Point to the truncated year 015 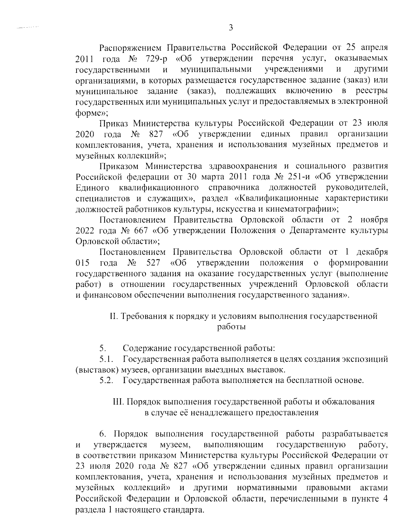coord(82,263)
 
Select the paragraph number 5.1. coord(106,359)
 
